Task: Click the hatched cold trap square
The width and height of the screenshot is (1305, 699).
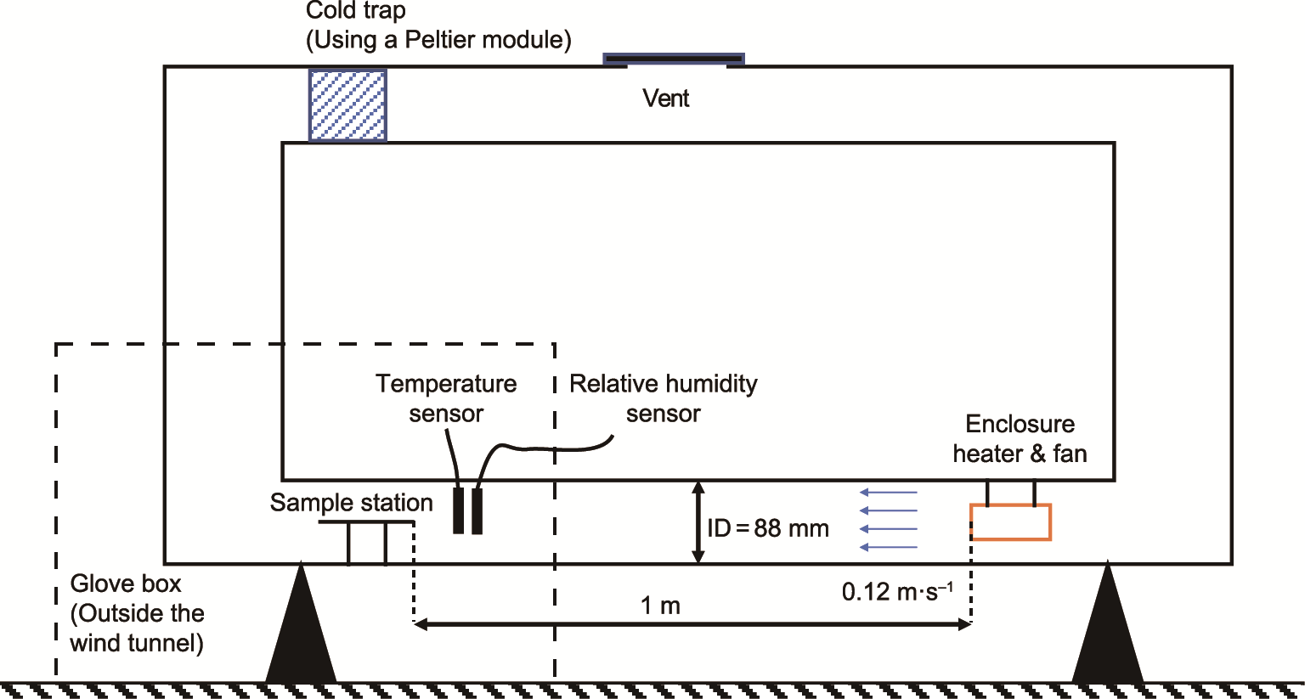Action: tap(347, 105)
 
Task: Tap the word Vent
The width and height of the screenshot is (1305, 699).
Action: tap(665, 99)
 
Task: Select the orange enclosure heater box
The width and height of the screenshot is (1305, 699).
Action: tap(1010, 522)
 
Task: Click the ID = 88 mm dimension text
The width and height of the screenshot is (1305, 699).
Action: tap(768, 528)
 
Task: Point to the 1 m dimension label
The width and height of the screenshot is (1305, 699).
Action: tap(660, 606)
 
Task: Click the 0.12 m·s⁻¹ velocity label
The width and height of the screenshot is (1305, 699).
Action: tap(897, 591)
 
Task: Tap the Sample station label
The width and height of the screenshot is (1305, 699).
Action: tap(351, 503)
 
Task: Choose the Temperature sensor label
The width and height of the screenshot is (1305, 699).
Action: tap(446, 398)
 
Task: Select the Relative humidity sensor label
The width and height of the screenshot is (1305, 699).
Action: tap(663, 398)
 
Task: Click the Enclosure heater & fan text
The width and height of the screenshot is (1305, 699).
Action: tap(1020, 438)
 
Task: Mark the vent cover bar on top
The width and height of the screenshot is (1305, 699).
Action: tap(674, 59)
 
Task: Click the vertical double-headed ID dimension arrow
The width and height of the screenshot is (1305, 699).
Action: tap(698, 522)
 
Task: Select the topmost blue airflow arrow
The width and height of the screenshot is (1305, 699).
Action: tap(889, 492)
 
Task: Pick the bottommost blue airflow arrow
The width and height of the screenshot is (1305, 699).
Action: tap(889, 548)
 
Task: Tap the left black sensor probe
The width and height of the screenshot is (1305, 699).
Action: tap(459, 510)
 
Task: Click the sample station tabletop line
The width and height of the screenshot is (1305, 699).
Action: tap(366, 521)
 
